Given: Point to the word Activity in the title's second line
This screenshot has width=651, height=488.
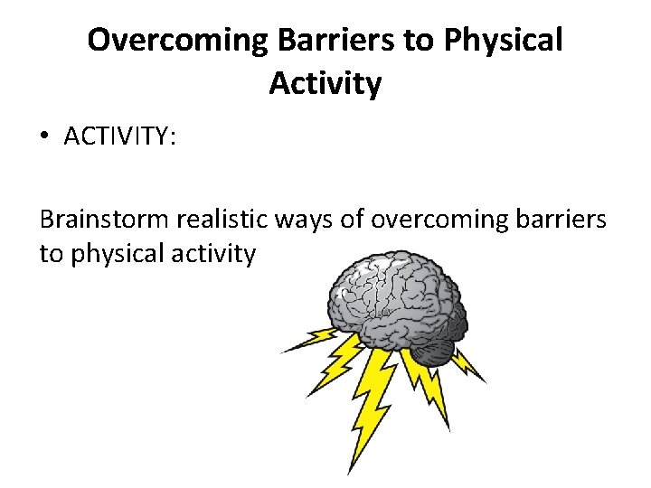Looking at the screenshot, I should click(325, 84).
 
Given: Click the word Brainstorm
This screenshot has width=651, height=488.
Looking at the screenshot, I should click(104, 220).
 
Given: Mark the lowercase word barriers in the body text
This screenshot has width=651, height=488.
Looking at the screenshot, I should click(562, 220).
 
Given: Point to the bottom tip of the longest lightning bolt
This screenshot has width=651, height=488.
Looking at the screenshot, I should click(352, 473).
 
